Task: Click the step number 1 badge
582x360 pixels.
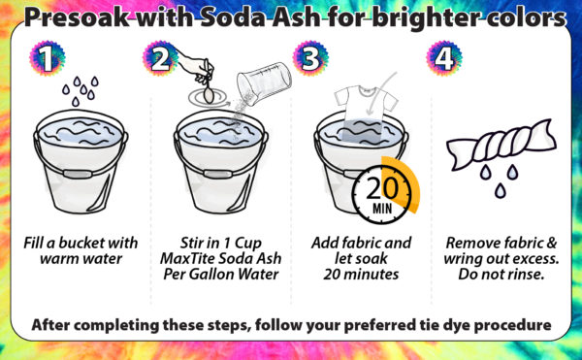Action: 48,58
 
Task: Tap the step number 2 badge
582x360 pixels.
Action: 160,58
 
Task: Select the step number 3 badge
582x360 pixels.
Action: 310,58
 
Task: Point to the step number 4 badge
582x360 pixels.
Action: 444,58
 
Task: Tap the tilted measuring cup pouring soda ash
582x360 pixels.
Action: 264,83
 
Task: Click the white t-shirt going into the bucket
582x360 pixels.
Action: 366,112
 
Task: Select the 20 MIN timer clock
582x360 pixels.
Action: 381,194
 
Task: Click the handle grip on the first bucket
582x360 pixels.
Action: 78,174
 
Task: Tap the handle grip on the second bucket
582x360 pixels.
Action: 218,174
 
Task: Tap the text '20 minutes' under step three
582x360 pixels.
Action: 361,275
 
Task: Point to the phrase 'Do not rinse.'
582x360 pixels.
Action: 501,275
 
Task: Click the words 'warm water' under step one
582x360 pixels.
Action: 81,259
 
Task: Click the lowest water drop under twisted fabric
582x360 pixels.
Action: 500,190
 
